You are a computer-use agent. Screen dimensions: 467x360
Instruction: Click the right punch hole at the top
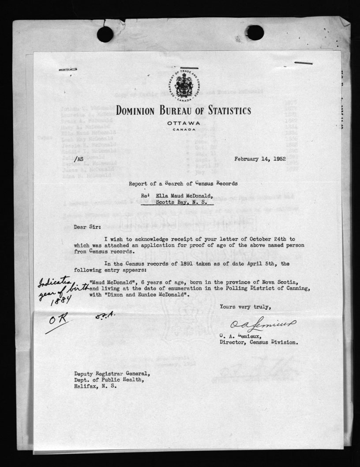(255, 33)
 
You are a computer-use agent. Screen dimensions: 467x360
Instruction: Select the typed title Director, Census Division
(258, 342)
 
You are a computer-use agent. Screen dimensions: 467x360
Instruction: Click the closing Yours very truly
(244, 308)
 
